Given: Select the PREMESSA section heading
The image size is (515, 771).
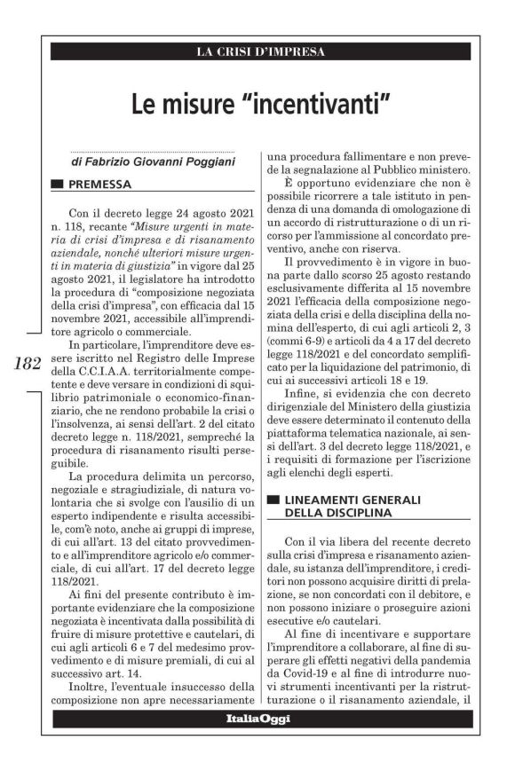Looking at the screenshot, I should (x=100, y=185).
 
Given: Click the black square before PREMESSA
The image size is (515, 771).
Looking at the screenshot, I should (x=58, y=185).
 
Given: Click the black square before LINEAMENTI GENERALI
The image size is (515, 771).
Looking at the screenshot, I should (x=274, y=500).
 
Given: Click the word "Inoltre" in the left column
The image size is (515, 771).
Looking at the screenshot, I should (x=87, y=686).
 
